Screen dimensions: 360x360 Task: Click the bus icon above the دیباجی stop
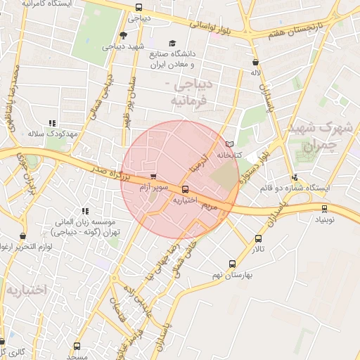point(138,8)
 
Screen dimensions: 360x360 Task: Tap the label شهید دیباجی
point(122,47)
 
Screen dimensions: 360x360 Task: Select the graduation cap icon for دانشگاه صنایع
point(172,43)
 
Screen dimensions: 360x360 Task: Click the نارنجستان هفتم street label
point(313,30)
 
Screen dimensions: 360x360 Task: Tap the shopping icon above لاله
point(255,62)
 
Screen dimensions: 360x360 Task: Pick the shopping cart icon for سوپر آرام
point(153,176)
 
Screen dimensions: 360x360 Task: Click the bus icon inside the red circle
point(185,189)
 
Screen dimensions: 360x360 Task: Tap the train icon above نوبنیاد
point(324,208)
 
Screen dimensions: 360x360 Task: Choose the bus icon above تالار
point(258,239)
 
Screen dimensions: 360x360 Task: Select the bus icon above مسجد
point(77,346)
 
